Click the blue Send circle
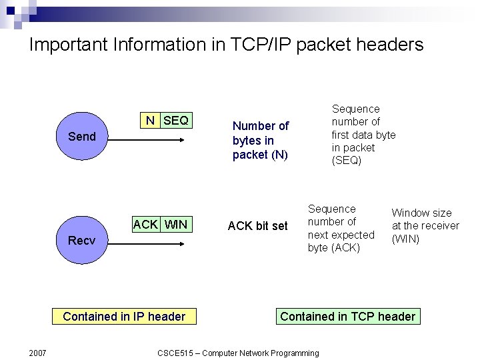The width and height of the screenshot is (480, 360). coord(81,137)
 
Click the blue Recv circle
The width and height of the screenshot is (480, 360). coord(81,240)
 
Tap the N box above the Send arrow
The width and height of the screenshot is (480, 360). coord(151,121)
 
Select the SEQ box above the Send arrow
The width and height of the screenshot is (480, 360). coord(175,121)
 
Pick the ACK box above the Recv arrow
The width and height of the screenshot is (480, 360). coord(145,224)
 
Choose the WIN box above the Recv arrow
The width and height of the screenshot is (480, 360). coord(176,224)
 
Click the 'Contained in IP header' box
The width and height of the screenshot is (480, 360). coord(124,317)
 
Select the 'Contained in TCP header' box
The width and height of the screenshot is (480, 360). coord(347,317)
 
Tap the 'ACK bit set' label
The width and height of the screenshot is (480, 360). coord(257,226)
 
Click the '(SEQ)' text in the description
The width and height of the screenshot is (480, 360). coord(347,161)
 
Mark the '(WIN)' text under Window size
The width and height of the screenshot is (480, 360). coord(405,239)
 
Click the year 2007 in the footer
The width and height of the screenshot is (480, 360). coord(37,353)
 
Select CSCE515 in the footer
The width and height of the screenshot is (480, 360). coord(177,353)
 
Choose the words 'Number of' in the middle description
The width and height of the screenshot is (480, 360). coord(260,126)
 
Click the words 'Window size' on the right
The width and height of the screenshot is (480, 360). coord(421,213)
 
